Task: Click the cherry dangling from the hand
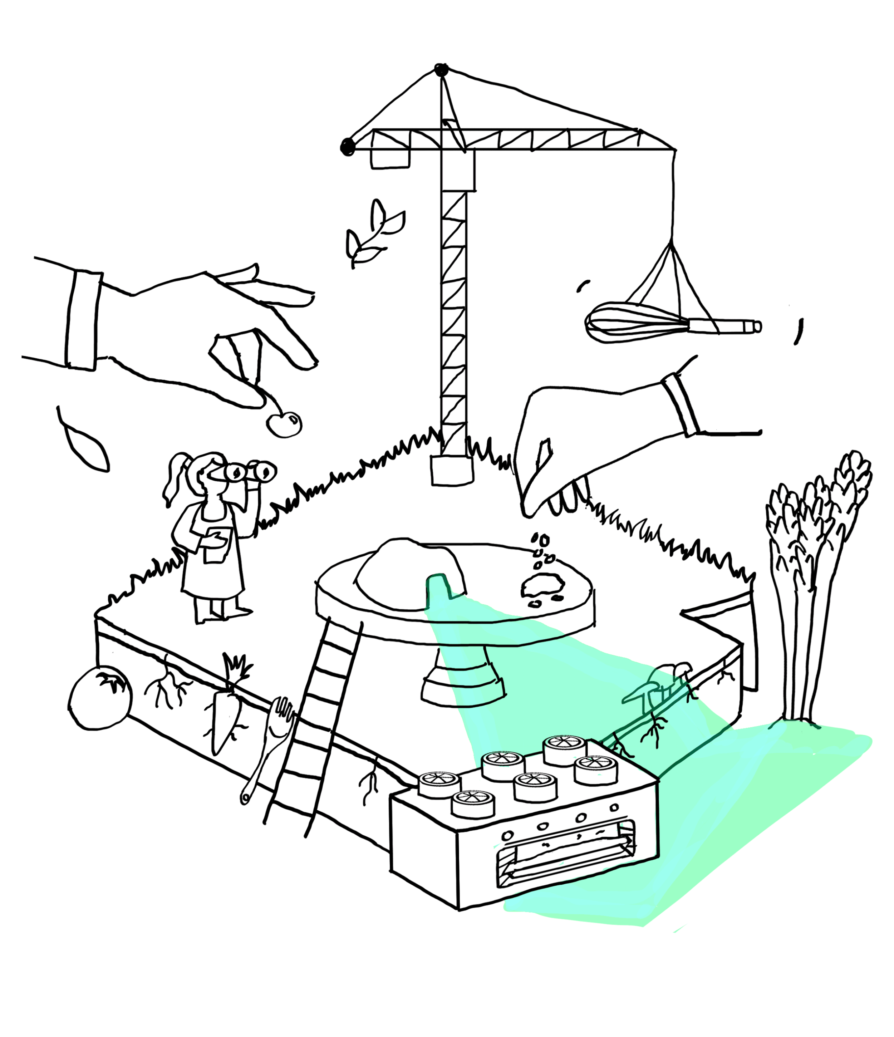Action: tap(284, 424)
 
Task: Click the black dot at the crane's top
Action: tap(441, 70)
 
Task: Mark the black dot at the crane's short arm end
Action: tap(347, 147)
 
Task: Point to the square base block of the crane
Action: tap(452, 471)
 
